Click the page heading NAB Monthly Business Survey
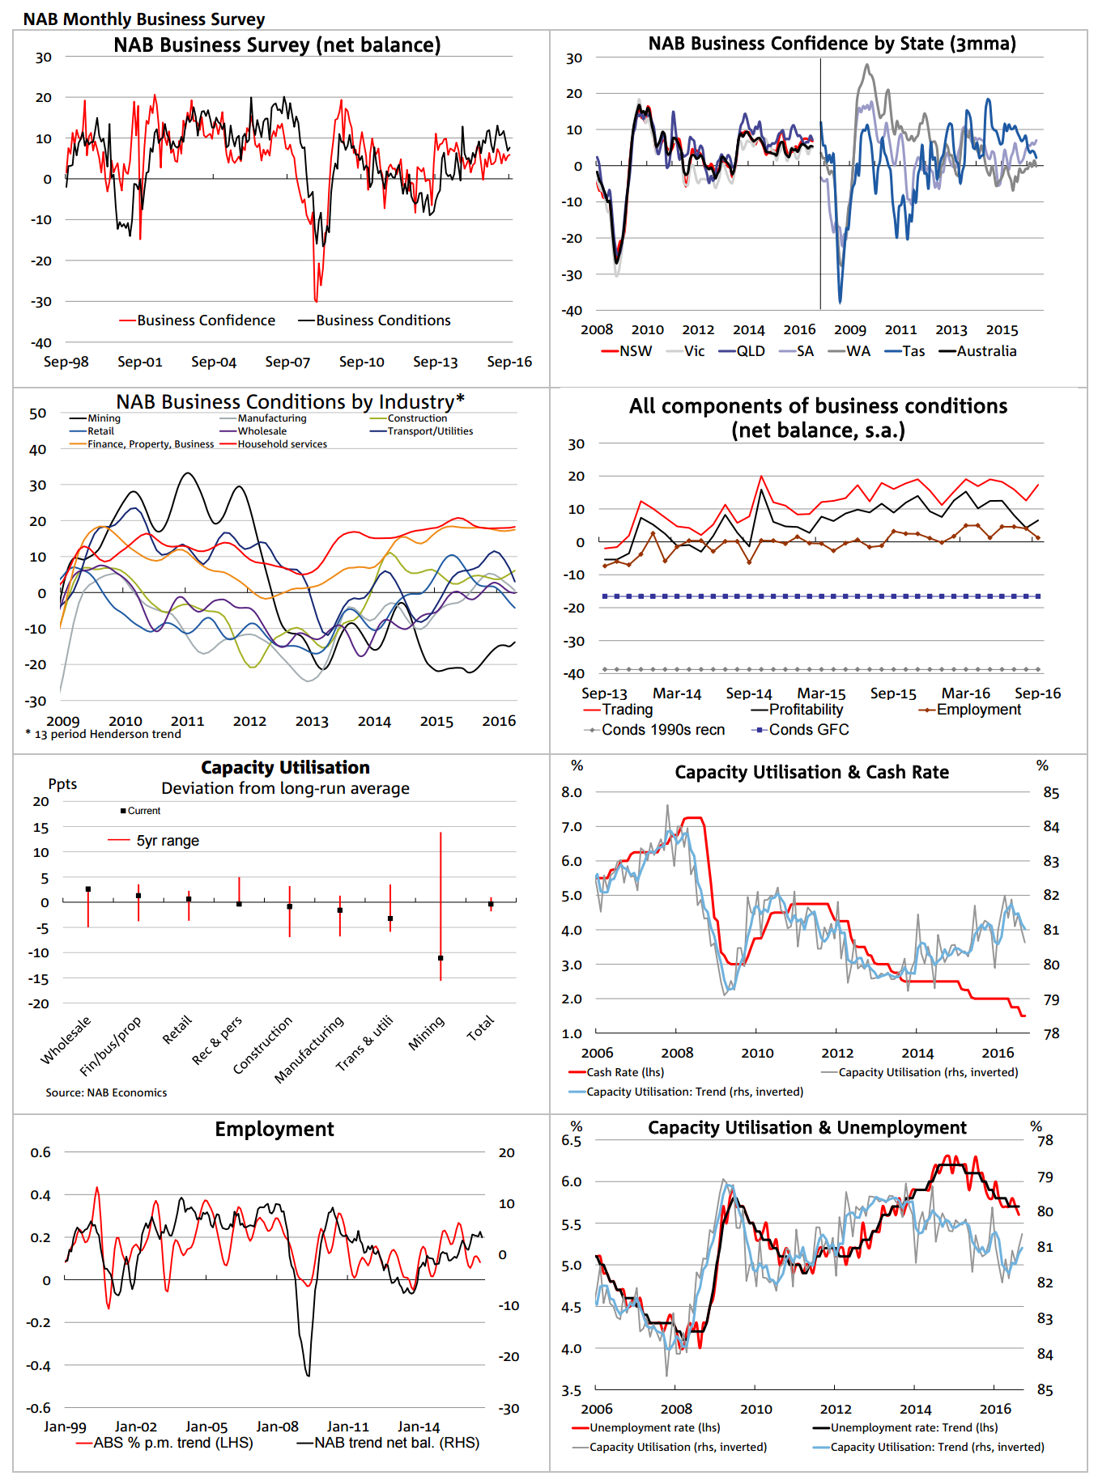[x=143, y=19]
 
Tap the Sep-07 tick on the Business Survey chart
[x=287, y=362]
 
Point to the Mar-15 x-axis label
[x=821, y=693]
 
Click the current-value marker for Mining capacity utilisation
[x=440, y=958]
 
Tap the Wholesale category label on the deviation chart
[x=66, y=1041]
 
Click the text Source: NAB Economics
[x=106, y=1092]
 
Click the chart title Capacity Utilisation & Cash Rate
[x=811, y=772]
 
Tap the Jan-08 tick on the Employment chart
[x=277, y=1427]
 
